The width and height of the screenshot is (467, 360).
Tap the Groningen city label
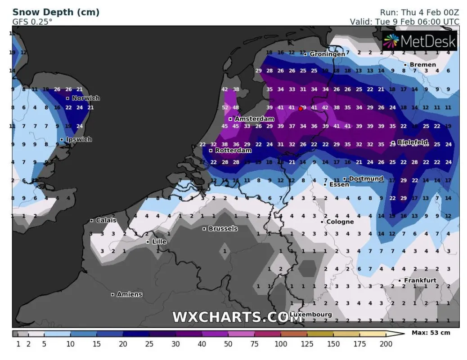327,54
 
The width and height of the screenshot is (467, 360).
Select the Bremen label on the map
422,65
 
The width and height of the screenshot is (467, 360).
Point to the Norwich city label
85,98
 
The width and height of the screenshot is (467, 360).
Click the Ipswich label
79,139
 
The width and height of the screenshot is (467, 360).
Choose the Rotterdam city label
233,150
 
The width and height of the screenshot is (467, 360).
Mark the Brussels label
223,229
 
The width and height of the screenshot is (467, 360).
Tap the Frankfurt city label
420,280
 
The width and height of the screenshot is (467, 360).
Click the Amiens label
129,294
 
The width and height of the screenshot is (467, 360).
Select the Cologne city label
340,222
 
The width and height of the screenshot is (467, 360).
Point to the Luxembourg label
311,315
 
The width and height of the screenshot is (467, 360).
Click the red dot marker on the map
301,108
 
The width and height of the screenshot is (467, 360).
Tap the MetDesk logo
420,42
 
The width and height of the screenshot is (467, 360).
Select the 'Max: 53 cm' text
431,333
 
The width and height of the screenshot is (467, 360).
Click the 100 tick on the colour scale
281,344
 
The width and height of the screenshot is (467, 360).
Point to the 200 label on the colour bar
386,344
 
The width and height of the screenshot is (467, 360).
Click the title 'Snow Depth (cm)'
56,12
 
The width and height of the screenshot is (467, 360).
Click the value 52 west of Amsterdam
225,108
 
